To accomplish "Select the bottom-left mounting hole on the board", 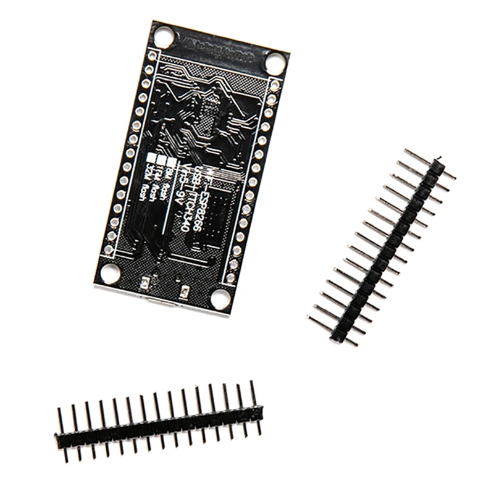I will coord(110,272).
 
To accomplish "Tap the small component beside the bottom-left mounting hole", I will coord(146,283).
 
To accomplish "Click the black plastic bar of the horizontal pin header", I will coord(159,424).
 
